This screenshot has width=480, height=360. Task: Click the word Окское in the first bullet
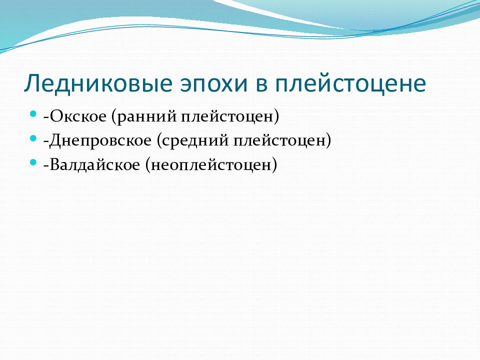click(78, 116)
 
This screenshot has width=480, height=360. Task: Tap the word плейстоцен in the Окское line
click(227, 117)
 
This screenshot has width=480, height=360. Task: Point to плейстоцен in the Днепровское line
click(280, 141)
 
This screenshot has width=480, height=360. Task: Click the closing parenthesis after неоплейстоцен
click(274, 165)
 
